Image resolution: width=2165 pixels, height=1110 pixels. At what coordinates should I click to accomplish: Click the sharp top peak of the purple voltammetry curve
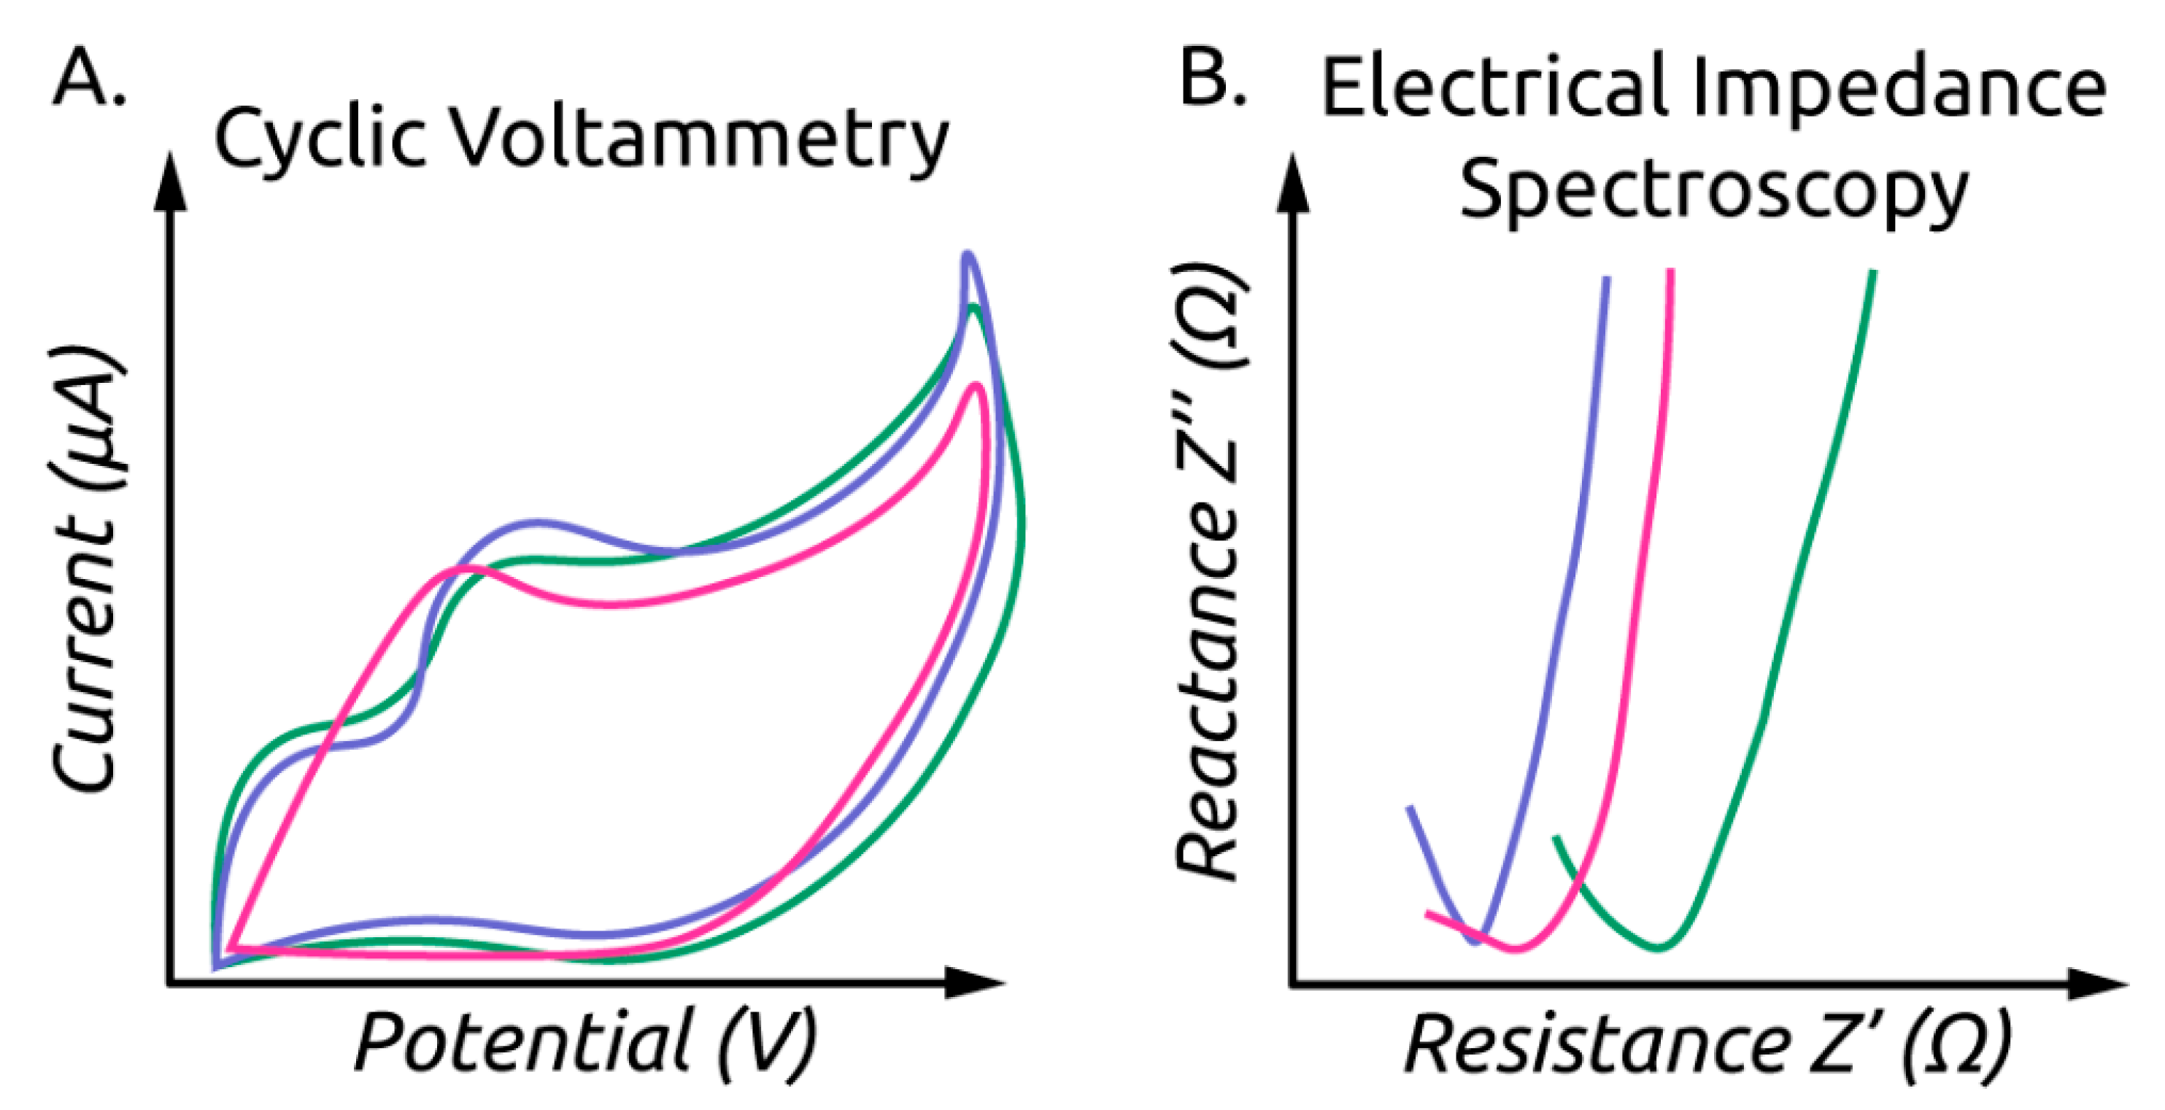968,255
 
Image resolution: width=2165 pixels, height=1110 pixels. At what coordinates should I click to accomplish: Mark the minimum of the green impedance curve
1659,948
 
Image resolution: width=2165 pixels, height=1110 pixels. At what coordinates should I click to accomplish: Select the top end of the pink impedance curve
1671,271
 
